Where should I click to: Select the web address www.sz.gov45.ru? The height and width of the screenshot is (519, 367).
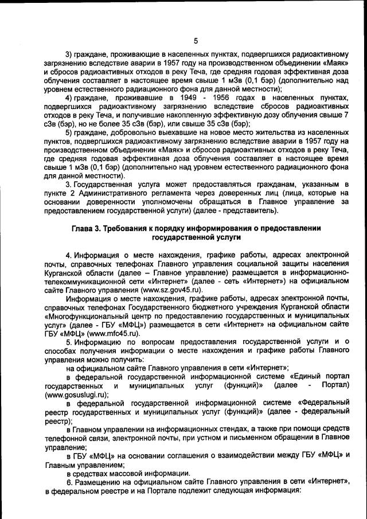174,290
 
